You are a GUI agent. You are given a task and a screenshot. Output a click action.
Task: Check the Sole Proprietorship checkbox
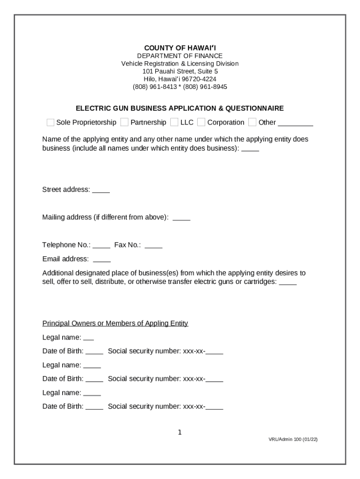pyautogui.click(x=50, y=123)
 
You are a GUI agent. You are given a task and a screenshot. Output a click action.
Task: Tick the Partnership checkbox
pyautogui.click(x=124, y=123)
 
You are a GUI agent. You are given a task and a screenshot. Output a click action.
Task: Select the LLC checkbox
pyautogui.click(x=174, y=123)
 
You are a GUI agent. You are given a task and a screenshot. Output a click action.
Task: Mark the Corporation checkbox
pyautogui.click(x=201, y=123)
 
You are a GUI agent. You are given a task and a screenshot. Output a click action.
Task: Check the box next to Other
pyautogui.click(x=252, y=123)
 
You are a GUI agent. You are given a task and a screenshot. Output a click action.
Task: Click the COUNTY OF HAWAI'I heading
pyautogui.click(x=180, y=48)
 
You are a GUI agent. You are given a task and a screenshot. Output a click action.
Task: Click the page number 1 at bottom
pyautogui.click(x=180, y=432)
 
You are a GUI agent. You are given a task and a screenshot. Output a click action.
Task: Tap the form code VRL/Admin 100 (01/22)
pyautogui.click(x=293, y=440)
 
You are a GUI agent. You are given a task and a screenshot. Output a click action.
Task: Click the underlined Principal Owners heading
pyautogui.click(x=115, y=323)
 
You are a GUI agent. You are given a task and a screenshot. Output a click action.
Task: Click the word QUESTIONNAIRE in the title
pyautogui.click(x=254, y=108)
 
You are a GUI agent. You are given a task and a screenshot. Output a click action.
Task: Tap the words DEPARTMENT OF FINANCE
pyautogui.click(x=180, y=56)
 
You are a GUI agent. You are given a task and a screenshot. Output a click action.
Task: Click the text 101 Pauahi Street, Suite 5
pyautogui.click(x=180, y=71)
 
